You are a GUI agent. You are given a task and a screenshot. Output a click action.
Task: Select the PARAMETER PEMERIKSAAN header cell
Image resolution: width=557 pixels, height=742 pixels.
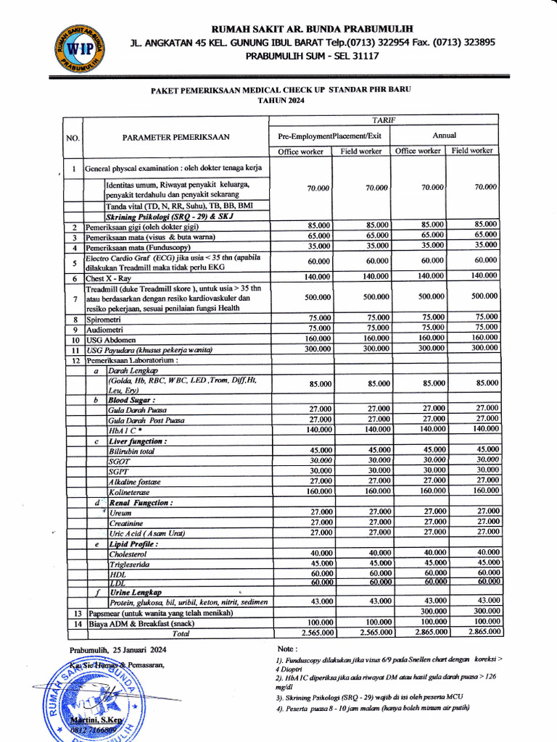point(176,136)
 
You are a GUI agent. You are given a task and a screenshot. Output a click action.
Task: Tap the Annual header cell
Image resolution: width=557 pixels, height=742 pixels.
point(444,135)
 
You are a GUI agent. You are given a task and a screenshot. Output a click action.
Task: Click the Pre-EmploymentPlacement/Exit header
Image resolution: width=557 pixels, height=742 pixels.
point(330,136)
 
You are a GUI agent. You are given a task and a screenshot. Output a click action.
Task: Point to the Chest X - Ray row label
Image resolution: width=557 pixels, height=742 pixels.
point(110,278)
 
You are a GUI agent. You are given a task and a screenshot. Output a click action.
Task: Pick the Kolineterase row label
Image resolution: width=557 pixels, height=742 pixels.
point(131,491)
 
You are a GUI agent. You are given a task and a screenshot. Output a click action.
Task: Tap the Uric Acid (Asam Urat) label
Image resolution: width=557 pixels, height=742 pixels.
point(146,533)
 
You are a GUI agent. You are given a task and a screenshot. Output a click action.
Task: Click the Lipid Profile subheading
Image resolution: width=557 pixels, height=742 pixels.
point(133,543)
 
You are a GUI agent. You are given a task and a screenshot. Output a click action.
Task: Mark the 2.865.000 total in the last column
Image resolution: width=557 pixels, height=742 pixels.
point(474,632)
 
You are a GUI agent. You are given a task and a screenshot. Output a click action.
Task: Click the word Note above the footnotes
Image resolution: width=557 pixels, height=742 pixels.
point(288,648)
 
